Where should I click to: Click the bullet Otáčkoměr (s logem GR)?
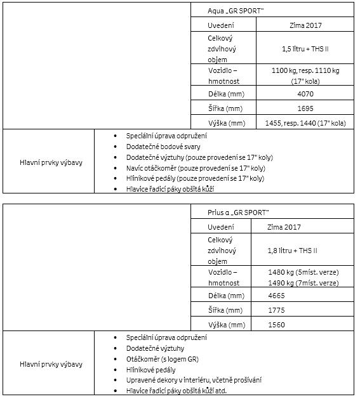163,358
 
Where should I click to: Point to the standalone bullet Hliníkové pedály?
152,369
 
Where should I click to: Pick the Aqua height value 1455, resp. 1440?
305,123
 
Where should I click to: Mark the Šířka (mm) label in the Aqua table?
225,108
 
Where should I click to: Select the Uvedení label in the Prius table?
221,226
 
